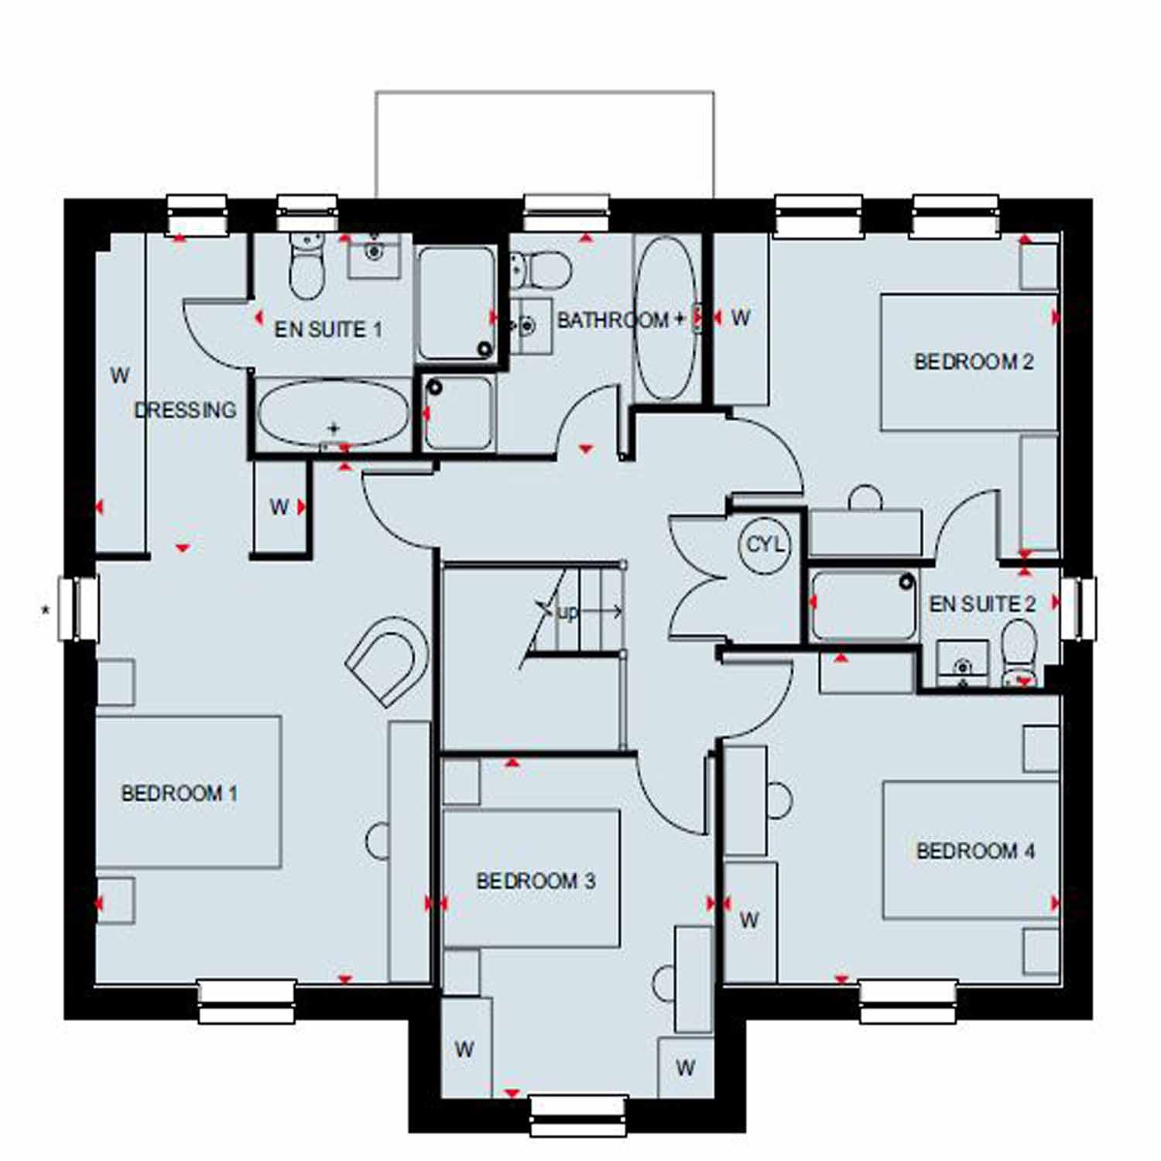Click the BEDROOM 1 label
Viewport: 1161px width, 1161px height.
coord(180,793)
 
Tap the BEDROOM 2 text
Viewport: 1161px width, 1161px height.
coord(974,361)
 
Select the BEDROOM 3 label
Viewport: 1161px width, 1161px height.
coord(536,881)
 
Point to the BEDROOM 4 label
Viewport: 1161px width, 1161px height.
coord(975,851)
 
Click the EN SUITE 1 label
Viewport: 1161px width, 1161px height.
coord(328,330)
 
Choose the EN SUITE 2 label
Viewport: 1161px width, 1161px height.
coord(982,604)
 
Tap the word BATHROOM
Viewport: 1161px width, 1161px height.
coord(613,320)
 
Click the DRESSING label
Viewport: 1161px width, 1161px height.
coord(186,410)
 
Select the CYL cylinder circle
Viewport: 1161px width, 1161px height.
coord(765,545)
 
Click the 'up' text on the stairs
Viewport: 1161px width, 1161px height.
coord(567,613)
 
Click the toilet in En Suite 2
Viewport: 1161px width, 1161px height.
coord(1019,654)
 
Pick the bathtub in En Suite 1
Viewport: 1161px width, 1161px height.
coord(333,413)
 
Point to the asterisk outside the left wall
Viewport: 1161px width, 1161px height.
coord(46,611)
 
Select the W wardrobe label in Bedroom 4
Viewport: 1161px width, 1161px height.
coord(748,920)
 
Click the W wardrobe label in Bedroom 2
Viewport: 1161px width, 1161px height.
coord(741,317)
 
